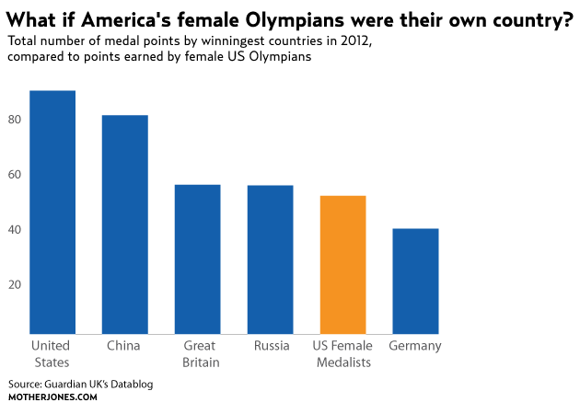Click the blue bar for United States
pos(52,212)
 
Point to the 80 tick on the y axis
pos(14,119)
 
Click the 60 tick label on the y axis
pos(14,174)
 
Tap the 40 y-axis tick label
pos(14,229)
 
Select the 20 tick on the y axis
pos(14,284)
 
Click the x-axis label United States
pos(51,354)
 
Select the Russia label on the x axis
pos(271,346)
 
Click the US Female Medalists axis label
pos(342,354)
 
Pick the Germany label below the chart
pos(415,346)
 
